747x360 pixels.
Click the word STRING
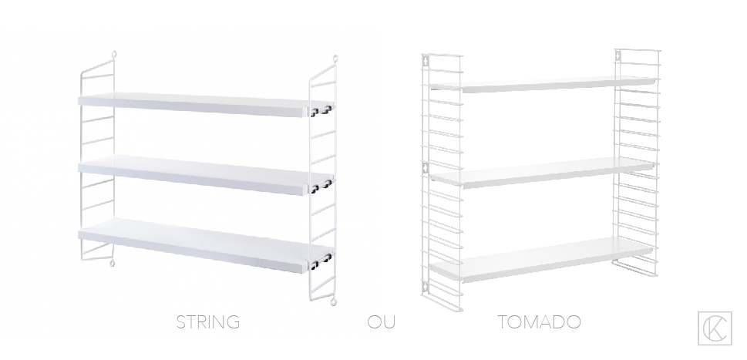[x=207, y=321]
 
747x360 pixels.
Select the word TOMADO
[x=539, y=321]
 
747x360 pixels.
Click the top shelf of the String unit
[x=193, y=105]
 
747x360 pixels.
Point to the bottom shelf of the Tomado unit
[x=540, y=257]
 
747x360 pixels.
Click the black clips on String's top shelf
[x=321, y=112]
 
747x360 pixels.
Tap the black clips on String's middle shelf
[x=321, y=186]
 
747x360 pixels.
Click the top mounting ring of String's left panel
[x=114, y=56]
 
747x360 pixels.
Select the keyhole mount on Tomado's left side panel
[x=423, y=167]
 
